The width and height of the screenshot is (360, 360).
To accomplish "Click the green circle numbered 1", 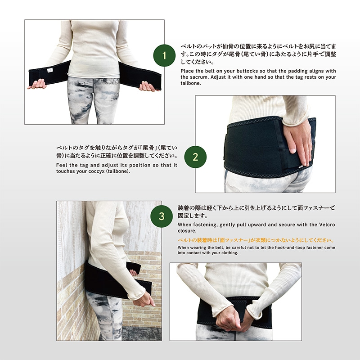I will [x=164, y=56].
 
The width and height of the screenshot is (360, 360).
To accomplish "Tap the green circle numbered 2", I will [x=195, y=157].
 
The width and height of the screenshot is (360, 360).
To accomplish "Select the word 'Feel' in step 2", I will [x=62, y=165].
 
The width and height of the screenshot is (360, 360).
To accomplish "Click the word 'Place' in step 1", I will [x=187, y=71].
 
